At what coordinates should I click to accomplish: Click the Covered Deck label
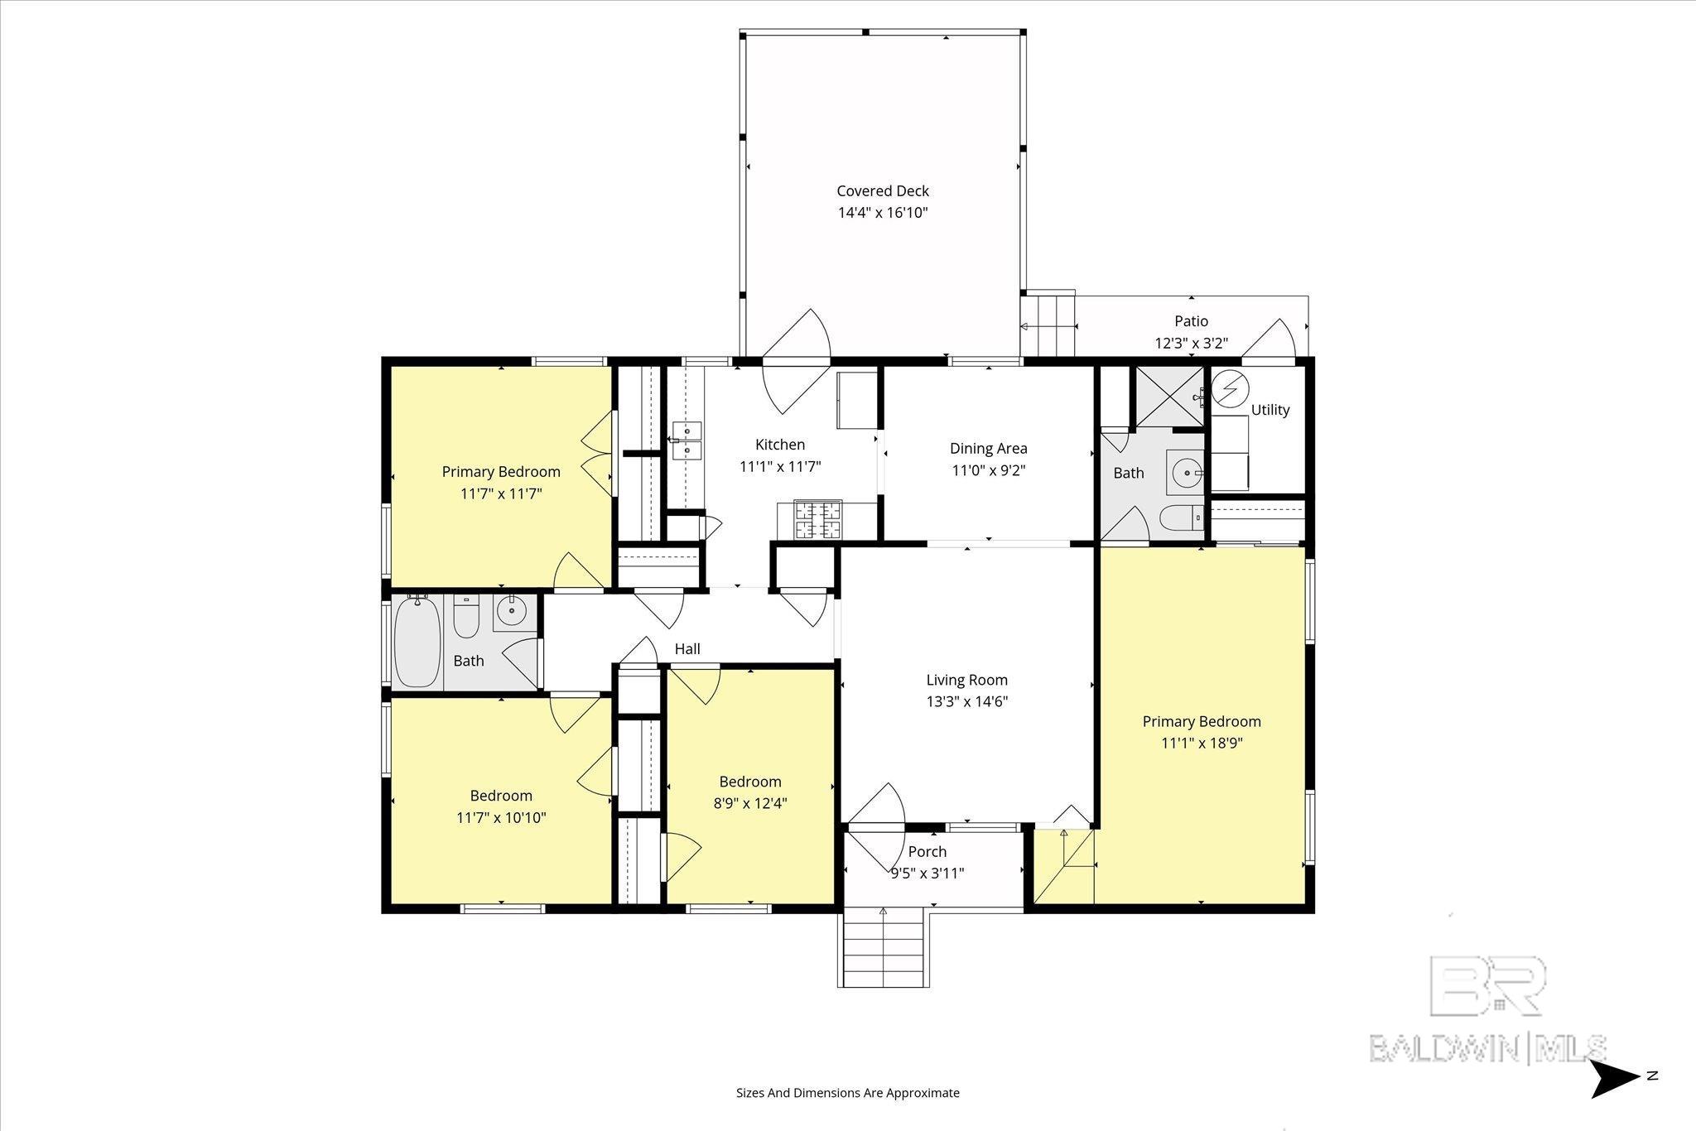coord(883,191)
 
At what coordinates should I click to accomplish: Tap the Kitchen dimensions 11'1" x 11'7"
coord(780,466)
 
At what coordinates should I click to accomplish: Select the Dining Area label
coord(989,449)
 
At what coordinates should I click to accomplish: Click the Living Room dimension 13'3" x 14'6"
coord(967,702)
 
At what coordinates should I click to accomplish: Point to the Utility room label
coord(1270,410)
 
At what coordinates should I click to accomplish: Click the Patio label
coord(1192,321)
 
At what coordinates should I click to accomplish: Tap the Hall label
coord(687,649)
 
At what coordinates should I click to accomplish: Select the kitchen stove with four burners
coord(818,521)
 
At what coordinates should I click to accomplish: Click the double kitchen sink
coord(687,440)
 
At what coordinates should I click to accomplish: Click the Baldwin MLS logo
coord(1489,1009)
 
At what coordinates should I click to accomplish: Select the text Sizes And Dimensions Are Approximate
coord(848,1093)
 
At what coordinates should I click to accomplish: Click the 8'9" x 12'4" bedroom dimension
coord(750,803)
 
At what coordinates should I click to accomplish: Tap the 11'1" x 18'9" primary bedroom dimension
coord(1202,744)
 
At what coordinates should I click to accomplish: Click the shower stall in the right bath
coord(1169,396)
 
